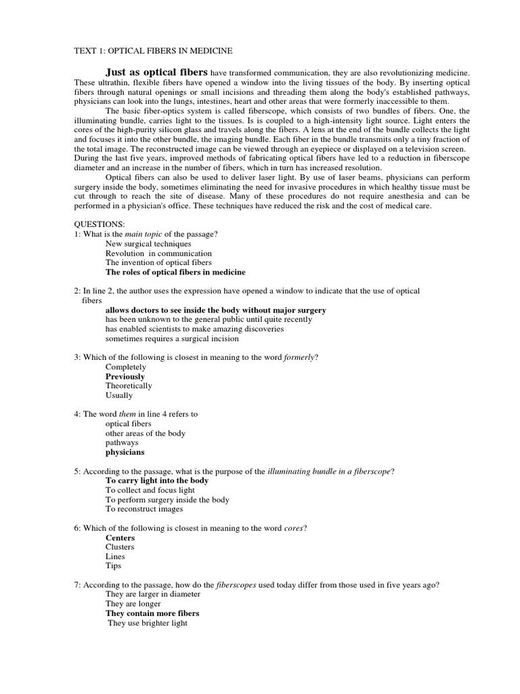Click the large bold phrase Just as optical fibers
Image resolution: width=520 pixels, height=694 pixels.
pos(156,72)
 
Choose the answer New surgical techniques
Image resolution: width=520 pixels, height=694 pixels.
pos(148,243)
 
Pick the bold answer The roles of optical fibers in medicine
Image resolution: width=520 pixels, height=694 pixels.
pos(175,272)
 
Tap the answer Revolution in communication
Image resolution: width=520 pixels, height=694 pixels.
pos(158,253)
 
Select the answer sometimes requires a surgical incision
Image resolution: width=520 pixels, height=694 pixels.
pos(172,338)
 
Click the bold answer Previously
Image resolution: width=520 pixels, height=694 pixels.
pos(125,376)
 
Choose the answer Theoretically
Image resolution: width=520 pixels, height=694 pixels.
pos(129,386)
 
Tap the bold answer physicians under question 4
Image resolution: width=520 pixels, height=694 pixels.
pos(125,452)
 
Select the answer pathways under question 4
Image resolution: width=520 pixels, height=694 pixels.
pos(122,443)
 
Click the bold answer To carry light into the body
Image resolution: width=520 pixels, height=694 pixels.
pos(157,481)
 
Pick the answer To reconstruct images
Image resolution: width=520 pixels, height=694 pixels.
pos(144,509)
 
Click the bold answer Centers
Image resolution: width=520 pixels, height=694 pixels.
pos(121,537)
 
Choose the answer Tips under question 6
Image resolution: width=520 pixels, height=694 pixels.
pos(113,566)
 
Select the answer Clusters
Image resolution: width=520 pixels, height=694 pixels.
pos(120,547)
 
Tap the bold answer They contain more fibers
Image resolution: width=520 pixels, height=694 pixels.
pos(152,613)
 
